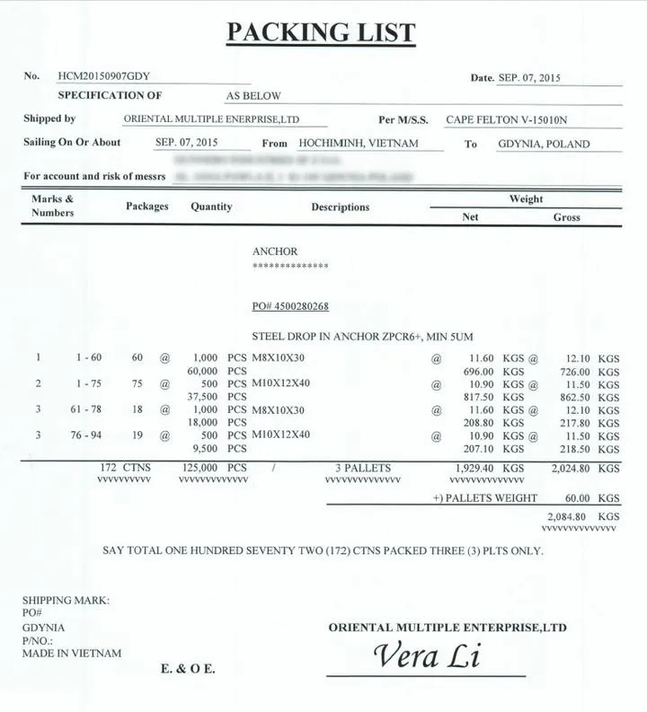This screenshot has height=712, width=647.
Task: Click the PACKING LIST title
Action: (x=321, y=33)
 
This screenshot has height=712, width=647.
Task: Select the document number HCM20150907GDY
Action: (x=103, y=76)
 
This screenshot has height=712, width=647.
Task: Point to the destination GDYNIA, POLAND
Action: (x=544, y=144)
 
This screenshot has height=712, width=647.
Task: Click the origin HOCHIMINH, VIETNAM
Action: (x=359, y=144)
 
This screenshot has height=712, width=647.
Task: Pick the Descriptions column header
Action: (x=340, y=207)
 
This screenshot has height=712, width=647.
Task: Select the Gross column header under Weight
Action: (x=566, y=217)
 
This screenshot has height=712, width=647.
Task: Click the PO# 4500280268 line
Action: (x=290, y=307)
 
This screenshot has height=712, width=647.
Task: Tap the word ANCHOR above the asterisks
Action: (x=274, y=251)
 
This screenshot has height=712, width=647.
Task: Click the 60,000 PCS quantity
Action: (x=216, y=371)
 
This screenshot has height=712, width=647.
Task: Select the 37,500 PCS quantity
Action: (x=216, y=397)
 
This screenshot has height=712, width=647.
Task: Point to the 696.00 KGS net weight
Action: (x=490, y=371)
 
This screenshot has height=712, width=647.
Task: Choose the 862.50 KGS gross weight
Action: (x=584, y=397)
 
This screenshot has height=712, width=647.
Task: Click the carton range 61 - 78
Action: (x=89, y=409)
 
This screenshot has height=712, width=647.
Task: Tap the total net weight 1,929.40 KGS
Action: (x=490, y=469)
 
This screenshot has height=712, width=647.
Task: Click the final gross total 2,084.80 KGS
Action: (x=584, y=517)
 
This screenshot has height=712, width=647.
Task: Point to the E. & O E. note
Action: (x=188, y=669)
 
